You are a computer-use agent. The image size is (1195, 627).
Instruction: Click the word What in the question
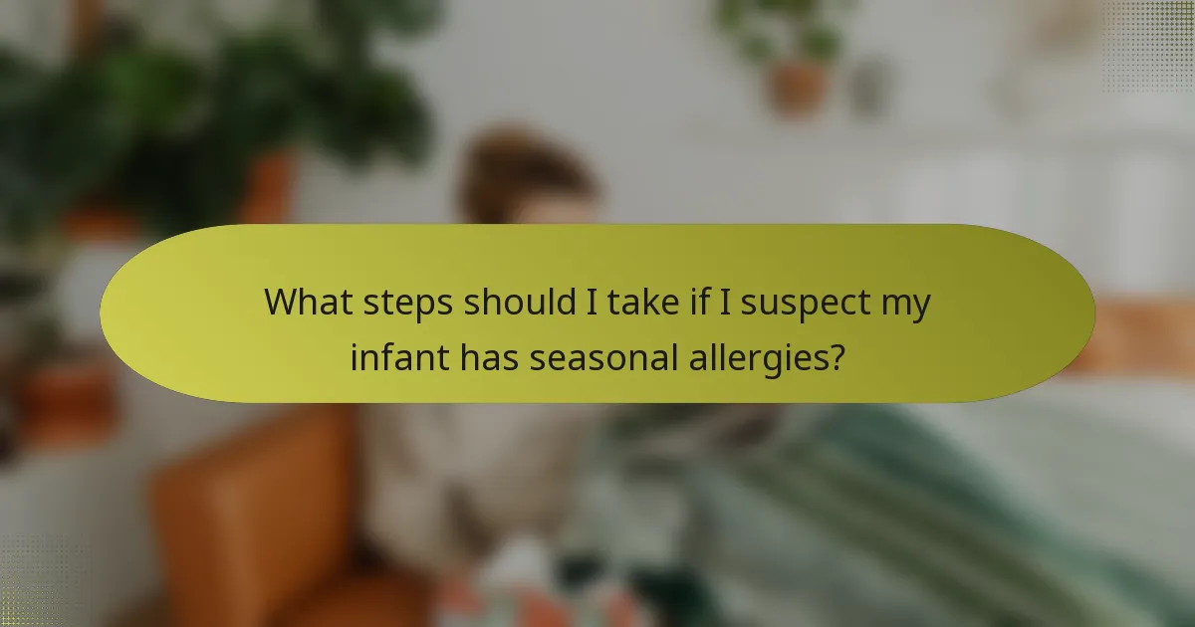(307, 303)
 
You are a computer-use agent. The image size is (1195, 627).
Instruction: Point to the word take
(638, 303)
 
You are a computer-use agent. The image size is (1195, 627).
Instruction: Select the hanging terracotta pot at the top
(800, 85)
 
